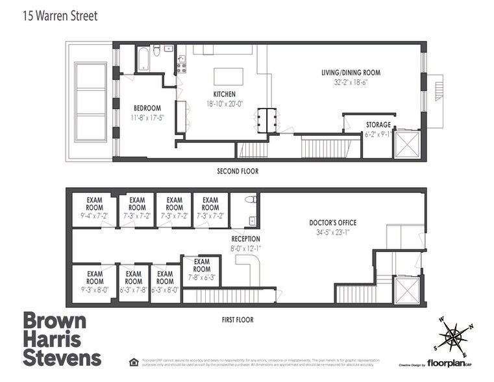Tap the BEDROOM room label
tap(147, 108)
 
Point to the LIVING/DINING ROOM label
tap(351, 73)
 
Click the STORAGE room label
tap(378, 124)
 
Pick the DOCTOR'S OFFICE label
tap(332, 223)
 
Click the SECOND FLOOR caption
tap(237, 172)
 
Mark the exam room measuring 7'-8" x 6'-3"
tap(201, 269)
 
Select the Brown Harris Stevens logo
tap(62, 339)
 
